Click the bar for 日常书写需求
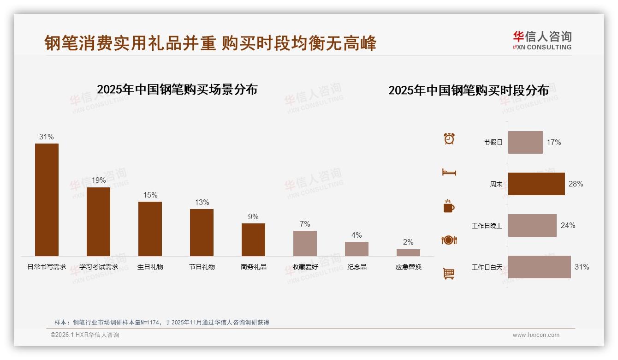[x=47, y=200]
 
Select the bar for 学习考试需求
[x=98, y=222]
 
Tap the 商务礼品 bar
[x=253, y=240]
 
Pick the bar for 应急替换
[x=408, y=252]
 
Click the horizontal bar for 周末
[x=536, y=184]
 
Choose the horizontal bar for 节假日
[x=525, y=142]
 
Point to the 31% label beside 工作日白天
[x=582, y=267]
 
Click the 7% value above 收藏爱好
[x=305, y=224]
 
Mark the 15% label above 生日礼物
[x=150, y=195]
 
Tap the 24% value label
[x=568, y=225]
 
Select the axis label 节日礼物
[x=202, y=267]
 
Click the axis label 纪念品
[x=357, y=267]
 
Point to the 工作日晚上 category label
[x=487, y=226]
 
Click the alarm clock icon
[x=449, y=138]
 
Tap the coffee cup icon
[x=449, y=206]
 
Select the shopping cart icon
[x=449, y=274]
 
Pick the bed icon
[x=449, y=172]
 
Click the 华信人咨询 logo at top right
[x=542, y=40]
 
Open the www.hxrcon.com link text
[x=536, y=335]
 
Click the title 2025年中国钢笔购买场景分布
[x=177, y=89]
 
